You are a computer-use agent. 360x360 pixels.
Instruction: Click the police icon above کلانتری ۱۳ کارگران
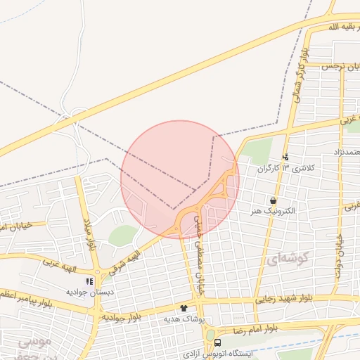[x=285, y=158]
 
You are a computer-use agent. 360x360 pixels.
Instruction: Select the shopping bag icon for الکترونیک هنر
[x=273, y=201]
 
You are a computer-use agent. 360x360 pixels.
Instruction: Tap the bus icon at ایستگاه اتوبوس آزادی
[x=217, y=342]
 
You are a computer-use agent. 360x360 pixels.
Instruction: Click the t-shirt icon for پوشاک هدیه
[x=184, y=308]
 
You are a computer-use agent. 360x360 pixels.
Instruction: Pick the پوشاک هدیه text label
[x=184, y=319]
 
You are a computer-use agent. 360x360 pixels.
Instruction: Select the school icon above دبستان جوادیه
[x=89, y=281]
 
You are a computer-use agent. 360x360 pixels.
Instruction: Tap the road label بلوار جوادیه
[x=122, y=315]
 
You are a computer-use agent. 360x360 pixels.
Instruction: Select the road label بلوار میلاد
[x=90, y=235]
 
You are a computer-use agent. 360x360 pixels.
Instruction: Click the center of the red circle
[x=180, y=180]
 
